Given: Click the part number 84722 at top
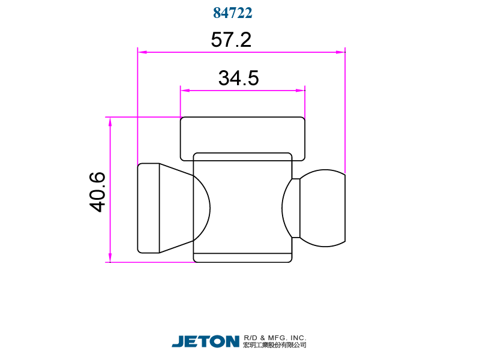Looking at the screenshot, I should [x=232, y=13].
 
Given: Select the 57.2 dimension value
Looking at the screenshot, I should [x=231, y=40].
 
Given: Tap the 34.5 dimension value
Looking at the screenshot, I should [x=238, y=79].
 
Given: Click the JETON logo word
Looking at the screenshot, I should [x=206, y=341].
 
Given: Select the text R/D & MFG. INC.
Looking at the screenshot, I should [x=275, y=338].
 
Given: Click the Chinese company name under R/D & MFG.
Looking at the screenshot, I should [x=275, y=346].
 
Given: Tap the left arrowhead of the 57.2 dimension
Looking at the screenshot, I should [x=142, y=52].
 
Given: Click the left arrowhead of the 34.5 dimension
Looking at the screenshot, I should [x=185, y=91].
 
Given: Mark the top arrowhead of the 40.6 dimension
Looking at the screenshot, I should [x=110, y=121].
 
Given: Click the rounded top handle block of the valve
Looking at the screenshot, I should [x=242, y=135].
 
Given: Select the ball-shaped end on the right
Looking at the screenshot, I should [x=324, y=208].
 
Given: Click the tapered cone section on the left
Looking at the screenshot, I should [x=176, y=208].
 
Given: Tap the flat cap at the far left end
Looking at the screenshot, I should [x=148, y=208].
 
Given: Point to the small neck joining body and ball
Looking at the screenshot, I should [x=295, y=208].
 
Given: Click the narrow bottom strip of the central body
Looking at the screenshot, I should [x=242, y=258].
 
